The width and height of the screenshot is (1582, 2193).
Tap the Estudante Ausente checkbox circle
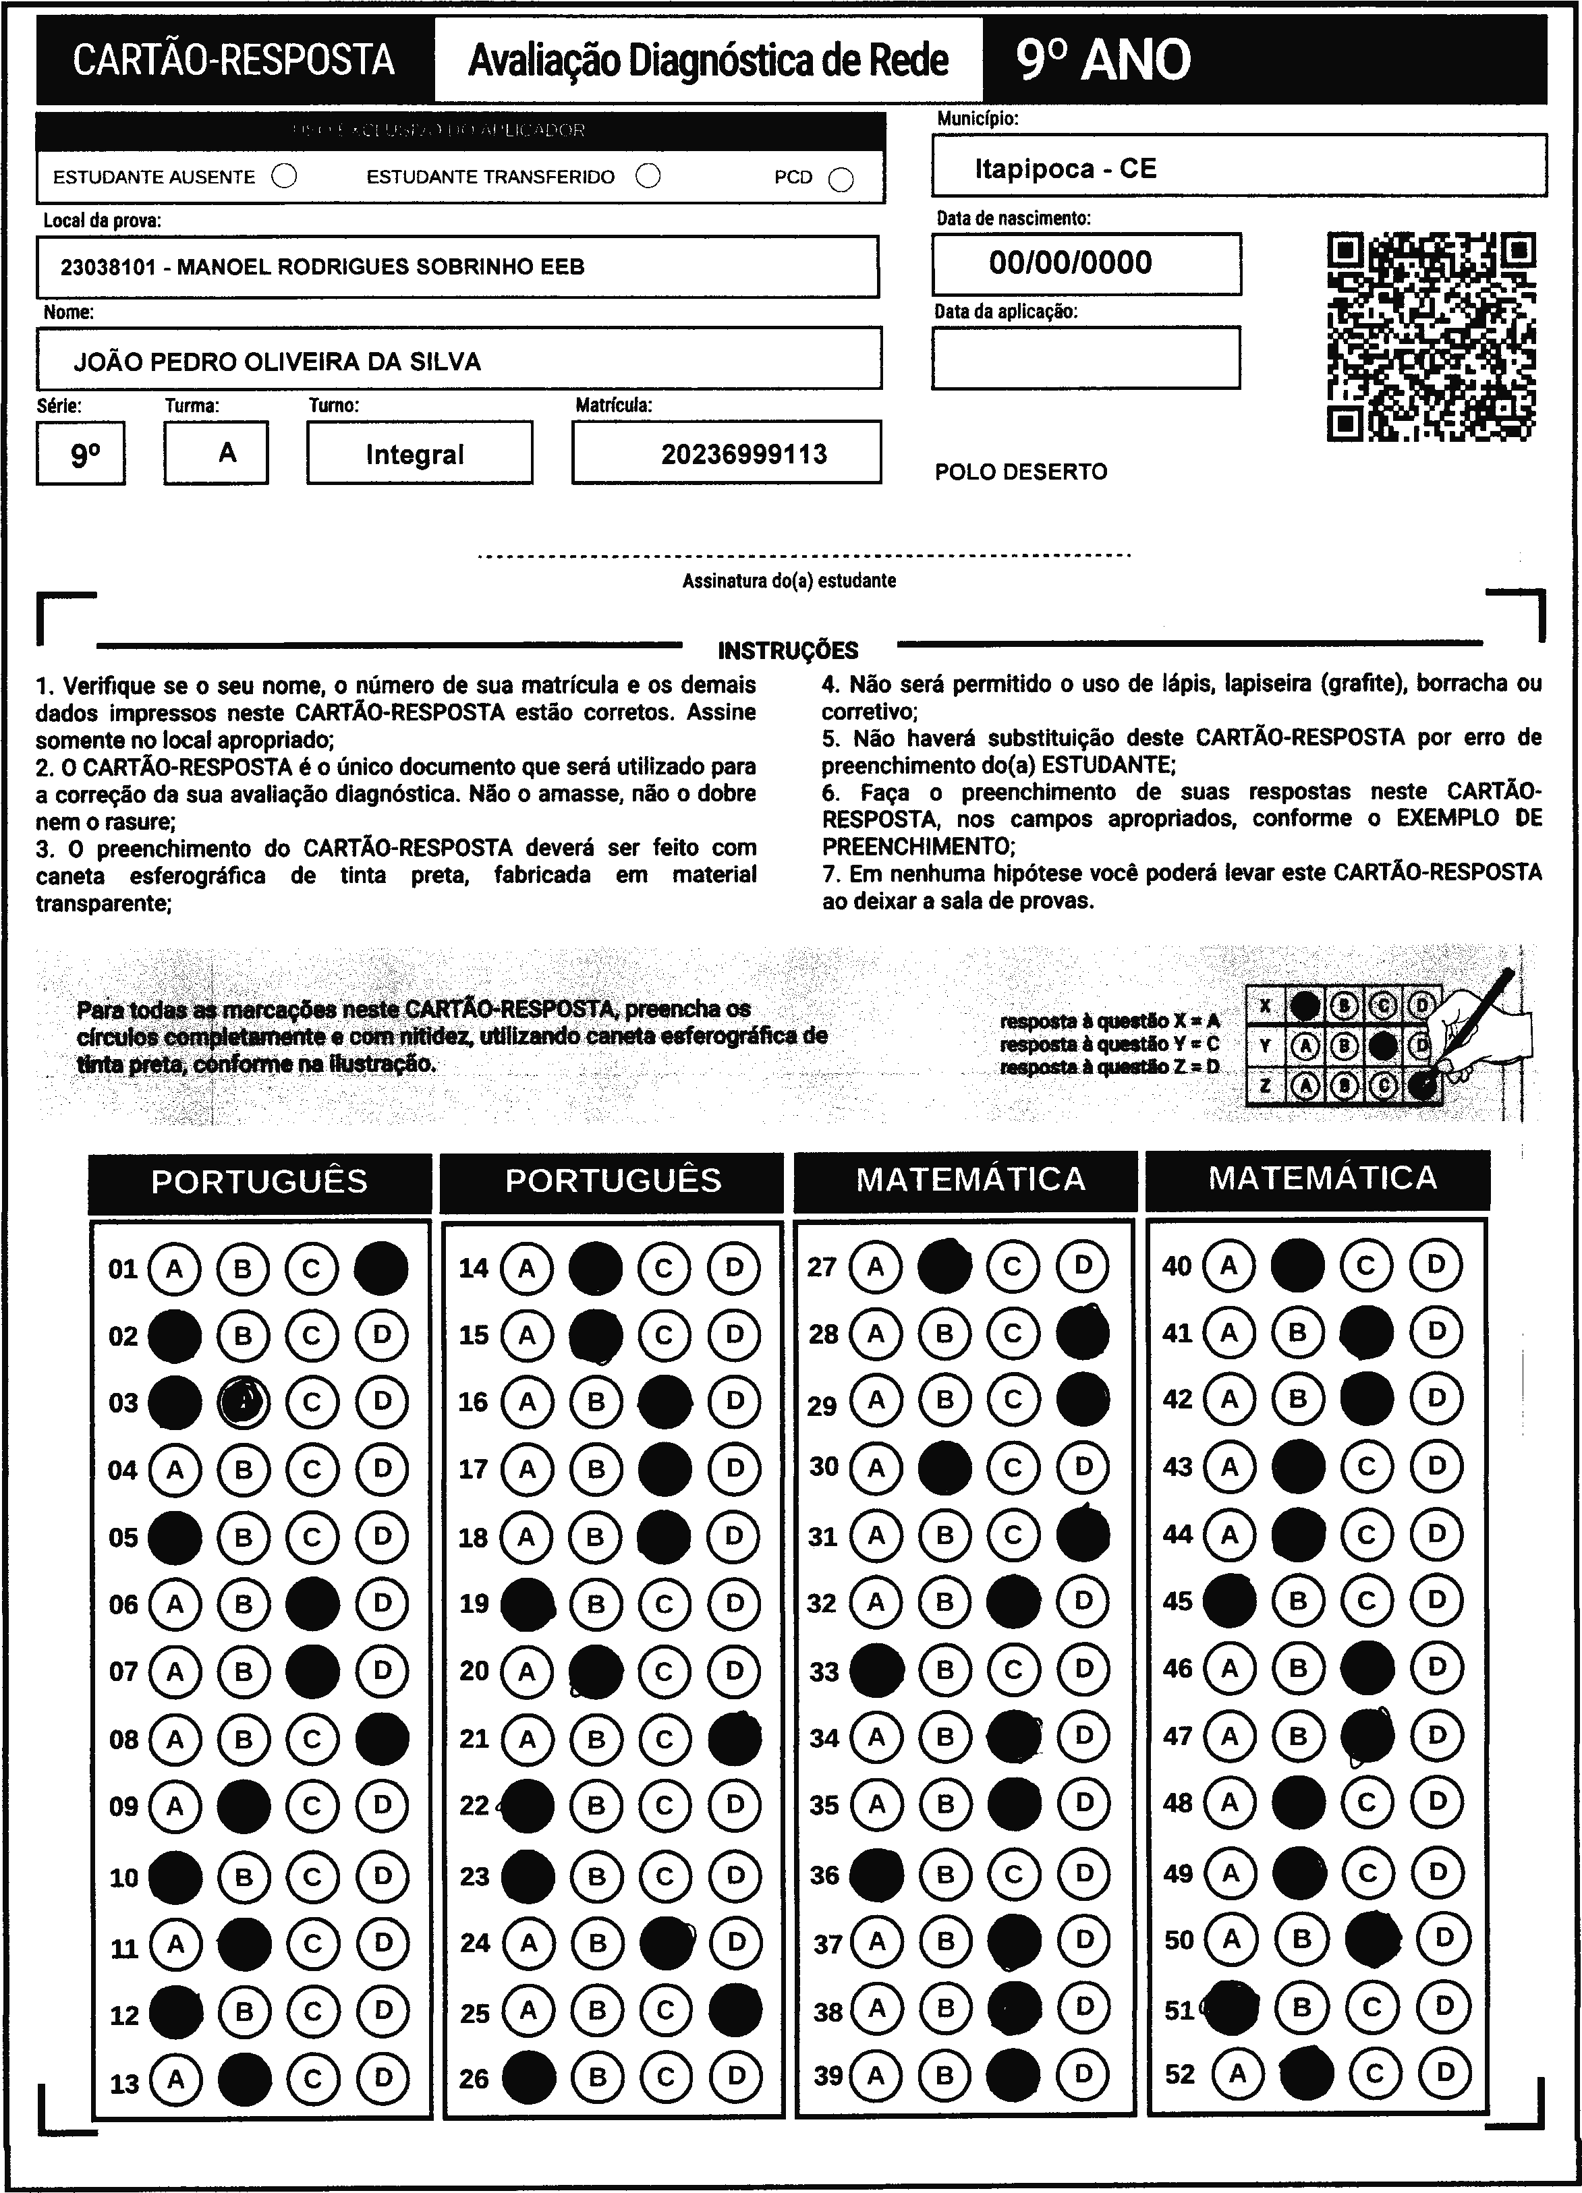click(284, 176)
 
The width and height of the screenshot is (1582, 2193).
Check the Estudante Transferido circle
click(648, 176)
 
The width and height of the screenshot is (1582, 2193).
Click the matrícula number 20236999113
click(743, 455)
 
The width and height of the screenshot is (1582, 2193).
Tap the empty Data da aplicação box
click(1085, 358)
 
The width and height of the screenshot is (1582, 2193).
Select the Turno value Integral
click(415, 455)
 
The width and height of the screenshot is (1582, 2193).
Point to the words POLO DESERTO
click(1020, 472)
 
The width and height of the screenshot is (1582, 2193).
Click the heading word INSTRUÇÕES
click(788, 650)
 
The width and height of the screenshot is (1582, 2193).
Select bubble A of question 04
click(175, 1471)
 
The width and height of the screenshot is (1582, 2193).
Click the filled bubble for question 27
click(944, 1265)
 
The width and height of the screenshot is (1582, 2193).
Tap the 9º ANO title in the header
click(1103, 60)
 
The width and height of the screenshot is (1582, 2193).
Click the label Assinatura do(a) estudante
click(789, 581)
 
